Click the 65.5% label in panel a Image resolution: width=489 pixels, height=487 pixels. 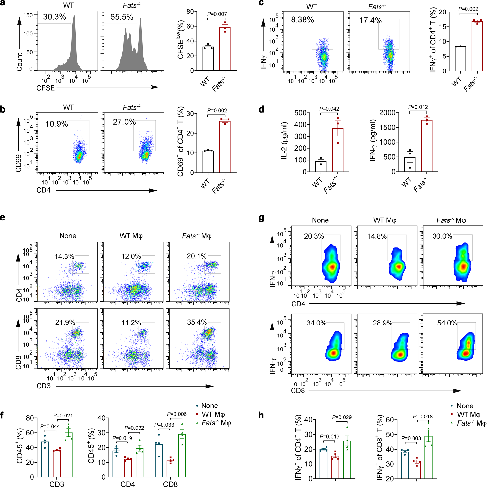(x=122, y=17)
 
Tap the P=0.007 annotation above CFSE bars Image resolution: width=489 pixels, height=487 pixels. (x=217, y=14)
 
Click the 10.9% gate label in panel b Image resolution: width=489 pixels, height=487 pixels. (x=56, y=124)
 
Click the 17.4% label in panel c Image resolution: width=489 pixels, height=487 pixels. (x=370, y=20)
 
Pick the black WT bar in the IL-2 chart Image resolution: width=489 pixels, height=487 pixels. (x=321, y=167)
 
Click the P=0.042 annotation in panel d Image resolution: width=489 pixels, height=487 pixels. (x=329, y=109)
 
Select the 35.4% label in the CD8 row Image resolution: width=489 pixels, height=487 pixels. (x=197, y=322)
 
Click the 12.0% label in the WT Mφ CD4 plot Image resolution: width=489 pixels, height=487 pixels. (x=131, y=256)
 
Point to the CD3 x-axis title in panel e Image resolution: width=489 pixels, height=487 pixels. (x=43, y=386)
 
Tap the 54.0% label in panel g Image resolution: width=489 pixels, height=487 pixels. (x=447, y=323)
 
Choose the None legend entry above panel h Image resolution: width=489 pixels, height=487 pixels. (x=465, y=406)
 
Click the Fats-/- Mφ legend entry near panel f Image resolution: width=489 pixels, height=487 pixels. (x=216, y=423)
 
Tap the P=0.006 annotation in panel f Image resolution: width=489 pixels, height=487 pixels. (x=177, y=414)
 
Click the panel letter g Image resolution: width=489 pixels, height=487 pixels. (x=261, y=218)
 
